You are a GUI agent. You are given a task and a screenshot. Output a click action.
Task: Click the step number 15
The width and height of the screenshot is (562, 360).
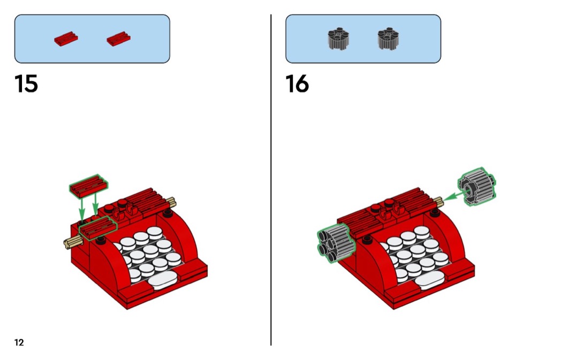click(26, 84)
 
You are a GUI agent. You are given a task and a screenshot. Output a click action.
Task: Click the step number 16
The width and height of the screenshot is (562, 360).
click(297, 84)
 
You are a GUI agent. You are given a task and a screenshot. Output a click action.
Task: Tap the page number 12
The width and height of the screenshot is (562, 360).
click(19, 342)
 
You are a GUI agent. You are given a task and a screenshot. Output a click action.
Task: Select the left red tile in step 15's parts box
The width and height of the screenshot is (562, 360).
click(66, 39)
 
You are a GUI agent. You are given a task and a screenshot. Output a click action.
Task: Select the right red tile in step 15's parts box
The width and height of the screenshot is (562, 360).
click(119, 39)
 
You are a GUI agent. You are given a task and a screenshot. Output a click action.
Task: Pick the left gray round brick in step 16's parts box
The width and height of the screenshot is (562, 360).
click(338, 39)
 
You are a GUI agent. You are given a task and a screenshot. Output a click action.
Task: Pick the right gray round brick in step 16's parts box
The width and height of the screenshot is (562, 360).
click(388, 39)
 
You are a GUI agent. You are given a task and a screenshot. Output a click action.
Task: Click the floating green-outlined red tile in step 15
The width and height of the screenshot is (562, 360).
click(88, 186)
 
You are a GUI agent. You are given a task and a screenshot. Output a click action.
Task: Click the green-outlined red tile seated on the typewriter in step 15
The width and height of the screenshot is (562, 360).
click(98, 228)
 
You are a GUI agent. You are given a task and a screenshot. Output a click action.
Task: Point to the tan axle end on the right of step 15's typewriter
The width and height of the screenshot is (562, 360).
click(171, 202)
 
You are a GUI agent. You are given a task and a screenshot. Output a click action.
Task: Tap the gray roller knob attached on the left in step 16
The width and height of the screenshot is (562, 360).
click(336, 242)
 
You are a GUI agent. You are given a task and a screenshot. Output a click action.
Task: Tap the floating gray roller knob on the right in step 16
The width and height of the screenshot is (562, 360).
click(477, 187)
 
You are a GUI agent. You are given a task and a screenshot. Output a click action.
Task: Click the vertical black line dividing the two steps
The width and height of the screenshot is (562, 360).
click(271, 180)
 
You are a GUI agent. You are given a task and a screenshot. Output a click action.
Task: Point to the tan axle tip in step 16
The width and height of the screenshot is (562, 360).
click(439, 202)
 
